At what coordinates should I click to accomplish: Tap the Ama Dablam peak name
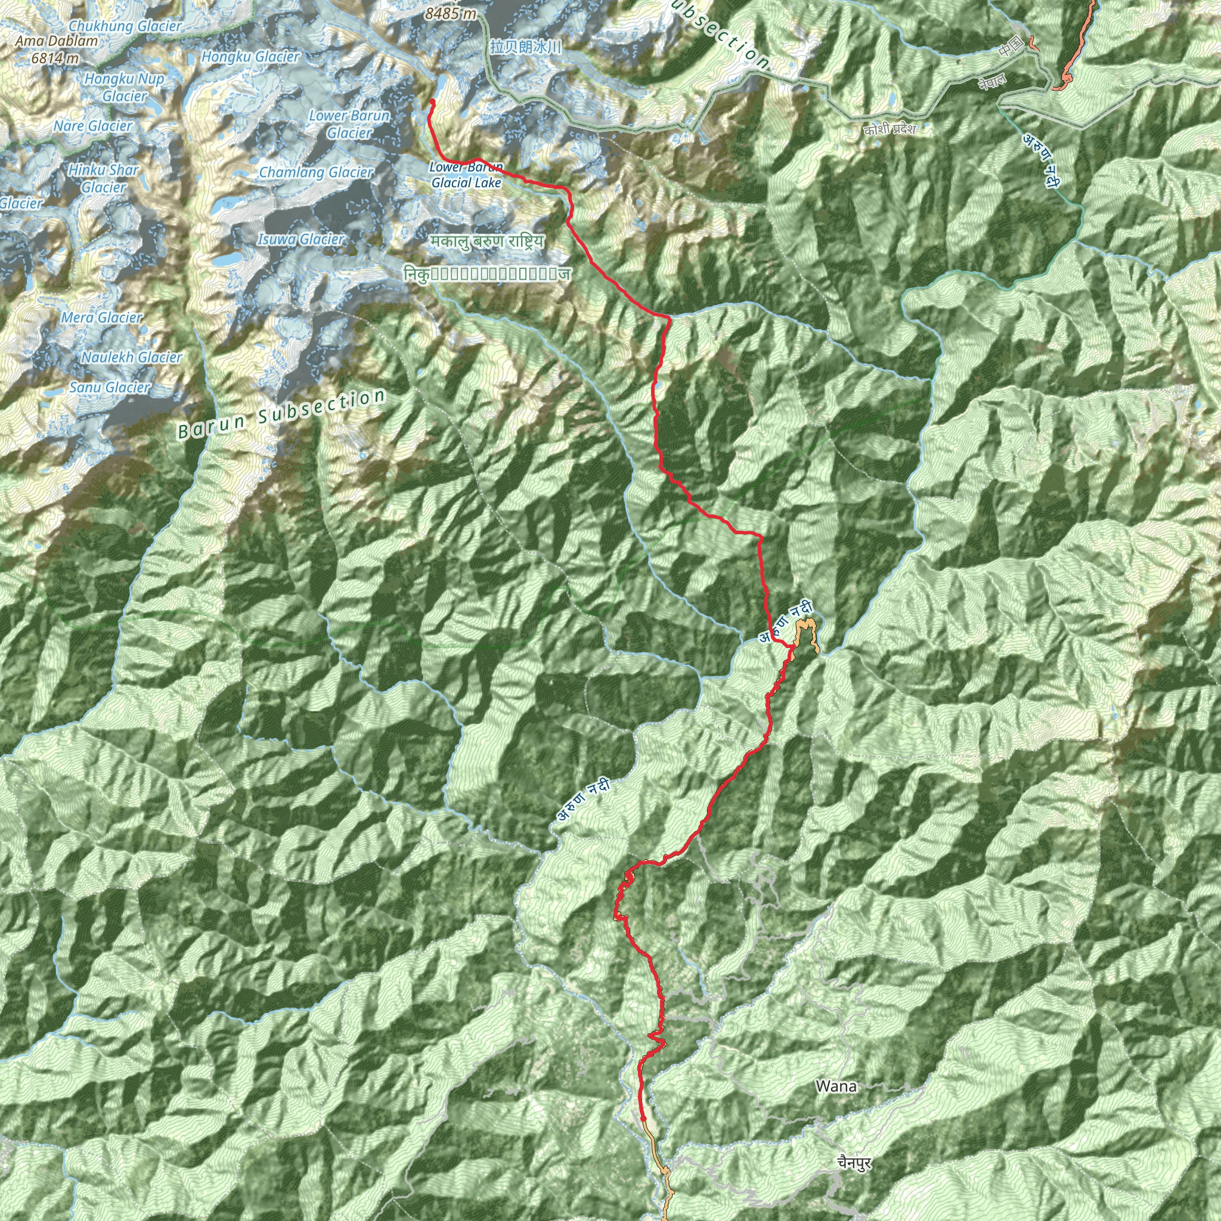coord(57,41)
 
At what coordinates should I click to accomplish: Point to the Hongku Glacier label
coord(250,57)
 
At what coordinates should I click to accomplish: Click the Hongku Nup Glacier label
coord(125,87)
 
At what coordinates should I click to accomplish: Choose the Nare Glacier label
coord(93,126)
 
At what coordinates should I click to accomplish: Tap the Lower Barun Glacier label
coord(349,125)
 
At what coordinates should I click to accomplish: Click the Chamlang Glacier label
coord(316,172)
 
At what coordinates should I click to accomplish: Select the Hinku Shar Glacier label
coord(104,178)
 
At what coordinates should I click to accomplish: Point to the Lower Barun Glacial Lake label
coord(466,175)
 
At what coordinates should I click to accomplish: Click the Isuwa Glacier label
coord(301,240)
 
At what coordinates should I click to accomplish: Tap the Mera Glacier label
coord(102,317)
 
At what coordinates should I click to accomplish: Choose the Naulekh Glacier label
coord(131,357)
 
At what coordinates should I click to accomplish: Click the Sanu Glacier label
coord(110,388)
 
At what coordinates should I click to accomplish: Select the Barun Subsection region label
coord(281,414)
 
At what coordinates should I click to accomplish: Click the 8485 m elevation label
coord(451,13)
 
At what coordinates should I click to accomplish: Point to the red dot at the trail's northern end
coord(432,101)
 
